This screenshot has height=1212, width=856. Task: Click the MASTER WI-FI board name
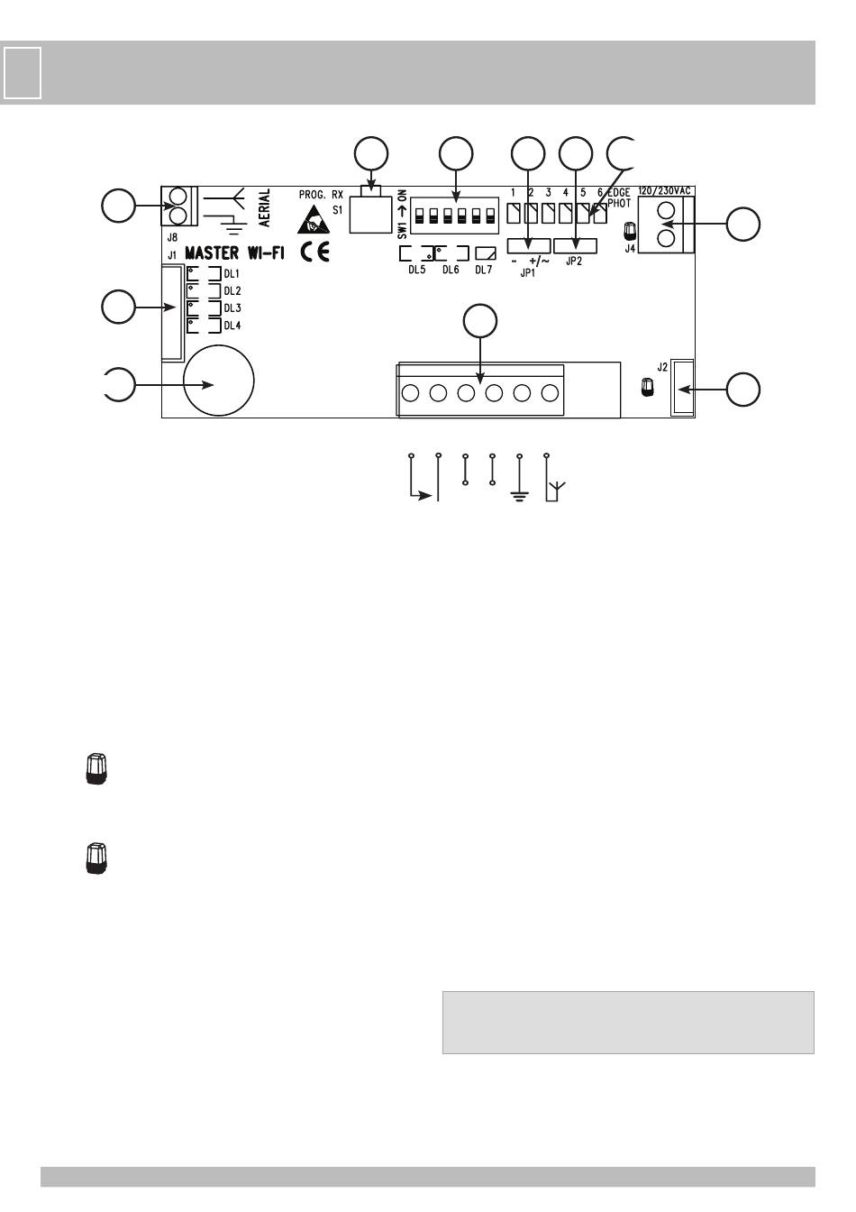(x=234, y=252)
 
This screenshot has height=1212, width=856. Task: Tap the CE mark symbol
(x=315, y=252)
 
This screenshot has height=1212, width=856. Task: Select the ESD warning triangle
(x=313, y=220)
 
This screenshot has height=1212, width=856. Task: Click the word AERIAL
(x=264, y=207)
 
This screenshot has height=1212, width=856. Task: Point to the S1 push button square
(x=370, y=215)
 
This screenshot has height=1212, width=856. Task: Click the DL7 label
(x=484, y=270)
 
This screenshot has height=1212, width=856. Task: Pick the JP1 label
(x=527, y=273)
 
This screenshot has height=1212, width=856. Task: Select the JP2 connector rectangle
(x=575, y=245)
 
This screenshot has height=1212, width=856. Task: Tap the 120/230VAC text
(x=664, y=191)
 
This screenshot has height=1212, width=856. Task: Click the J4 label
(x=630, y=249)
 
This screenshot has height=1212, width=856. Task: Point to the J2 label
(x=662, y=367)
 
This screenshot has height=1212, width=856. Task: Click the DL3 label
(x=232, y=308)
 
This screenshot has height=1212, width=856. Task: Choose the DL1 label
(x=232, y=274)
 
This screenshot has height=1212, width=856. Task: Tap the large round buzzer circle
(x=218, y=381)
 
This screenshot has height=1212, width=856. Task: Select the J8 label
(x=172, y=237)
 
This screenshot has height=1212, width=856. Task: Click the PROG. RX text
(x=321, y=195)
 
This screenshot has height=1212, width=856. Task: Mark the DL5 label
(x=417, y=270)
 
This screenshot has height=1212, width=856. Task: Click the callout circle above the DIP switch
(x=456, y=154)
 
